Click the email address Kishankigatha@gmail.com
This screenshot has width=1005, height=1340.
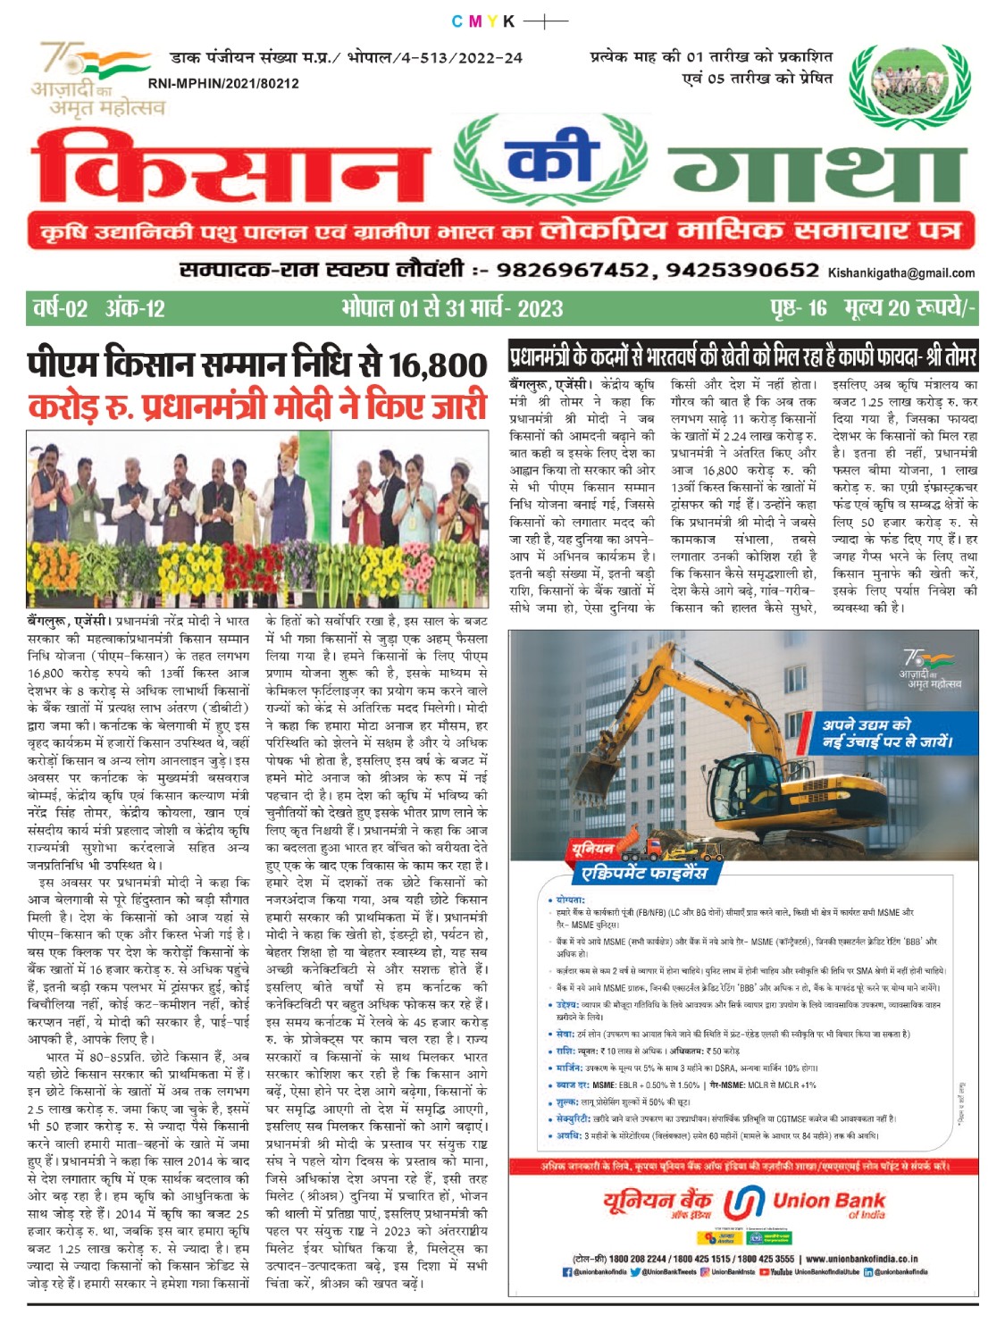point(900,272)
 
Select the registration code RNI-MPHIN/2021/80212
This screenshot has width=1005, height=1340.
point(223,83)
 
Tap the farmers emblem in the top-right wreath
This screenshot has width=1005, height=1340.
point(909,79)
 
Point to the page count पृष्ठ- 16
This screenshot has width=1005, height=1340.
point(799,309)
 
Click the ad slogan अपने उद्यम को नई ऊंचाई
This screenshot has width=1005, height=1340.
point(886,733)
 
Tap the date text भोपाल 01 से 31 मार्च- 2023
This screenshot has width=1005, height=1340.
point(452,309)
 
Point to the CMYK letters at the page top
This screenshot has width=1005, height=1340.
point(483,21)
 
